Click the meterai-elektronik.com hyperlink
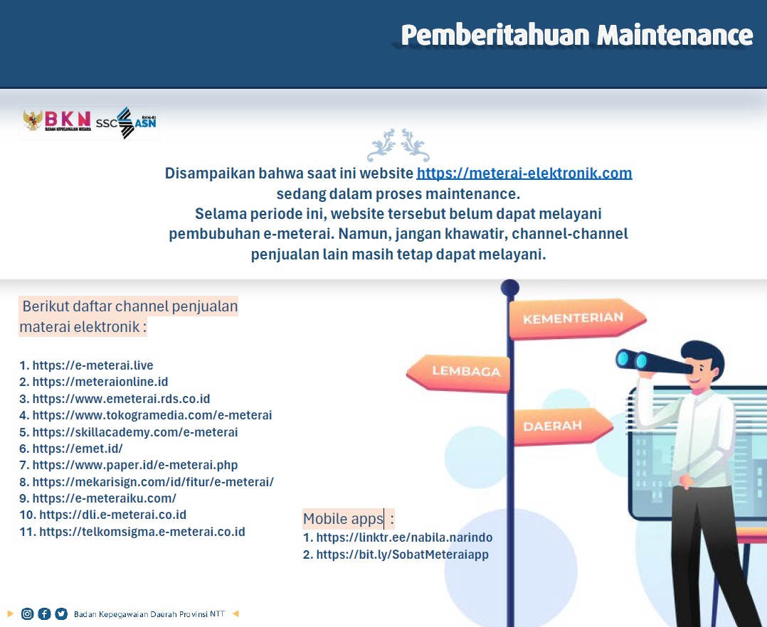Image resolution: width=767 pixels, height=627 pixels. tap(524, 173)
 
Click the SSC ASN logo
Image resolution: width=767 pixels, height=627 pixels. tap(126, 123)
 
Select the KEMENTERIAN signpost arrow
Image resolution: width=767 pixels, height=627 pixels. tap(577, 318)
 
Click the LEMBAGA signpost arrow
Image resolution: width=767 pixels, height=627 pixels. tap(458, 373)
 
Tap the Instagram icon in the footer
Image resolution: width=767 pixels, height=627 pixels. tap(27, 613)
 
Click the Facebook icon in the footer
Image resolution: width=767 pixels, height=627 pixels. tap(44, 613)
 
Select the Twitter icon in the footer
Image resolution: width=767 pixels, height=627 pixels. tap(61, 613)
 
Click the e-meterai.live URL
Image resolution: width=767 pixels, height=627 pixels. tap(93, 365)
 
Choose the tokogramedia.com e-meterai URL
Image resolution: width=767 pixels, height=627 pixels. tap(152, 415)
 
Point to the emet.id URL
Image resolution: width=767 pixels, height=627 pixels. tap(78, 448)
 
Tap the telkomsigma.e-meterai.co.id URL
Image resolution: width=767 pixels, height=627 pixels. tap(142, 531)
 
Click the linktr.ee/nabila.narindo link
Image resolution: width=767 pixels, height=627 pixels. tap(404, 537)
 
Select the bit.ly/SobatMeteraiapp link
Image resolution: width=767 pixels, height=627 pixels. tap(402, 554)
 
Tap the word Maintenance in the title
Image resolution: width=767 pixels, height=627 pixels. tap(675, 35)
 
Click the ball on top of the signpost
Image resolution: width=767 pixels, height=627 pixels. tap(509, 288)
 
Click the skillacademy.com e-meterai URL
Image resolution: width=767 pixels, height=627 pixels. tap(135, 432)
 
